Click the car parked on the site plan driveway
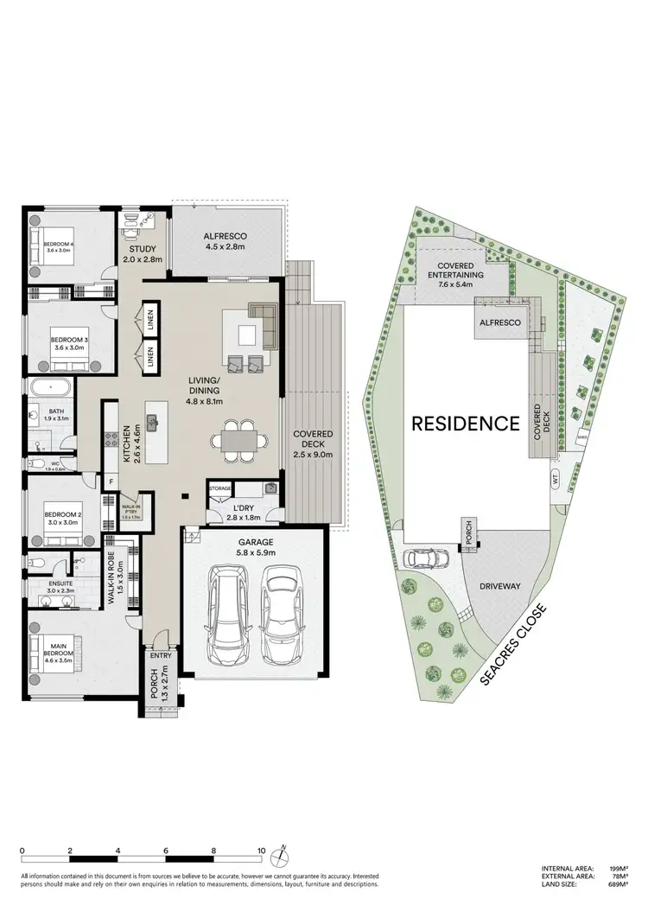428,558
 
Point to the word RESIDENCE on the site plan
465,424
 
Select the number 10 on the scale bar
261,851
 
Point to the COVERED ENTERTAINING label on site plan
459,271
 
